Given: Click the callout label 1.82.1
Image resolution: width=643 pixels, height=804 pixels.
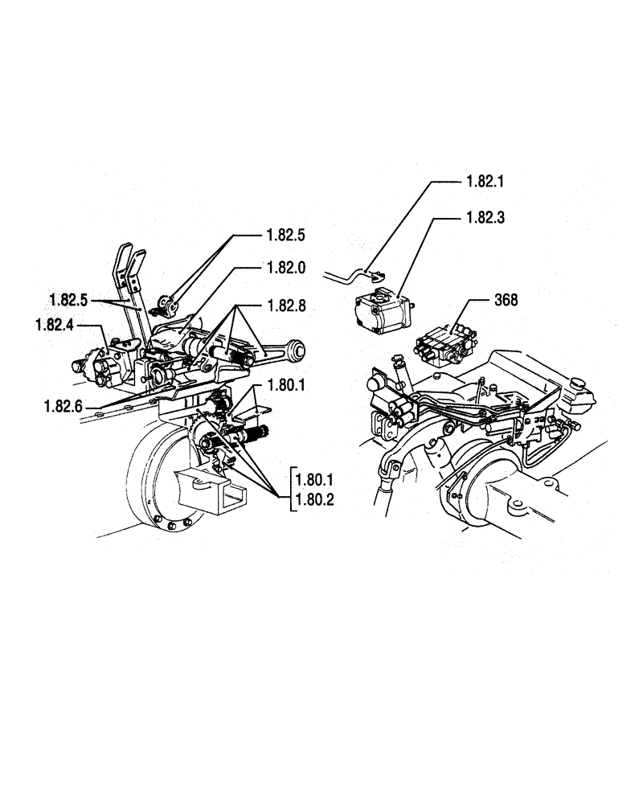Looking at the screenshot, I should (483, 182).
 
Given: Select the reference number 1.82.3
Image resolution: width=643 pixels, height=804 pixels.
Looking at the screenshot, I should (483, 218).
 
